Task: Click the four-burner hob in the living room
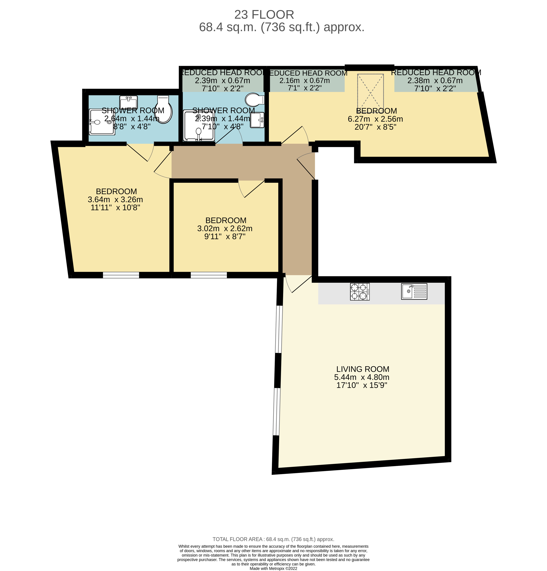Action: click(359, 291)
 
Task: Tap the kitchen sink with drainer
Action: click(414, 291)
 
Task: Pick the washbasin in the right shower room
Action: click(257, 120)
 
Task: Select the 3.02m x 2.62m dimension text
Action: click(224, 228)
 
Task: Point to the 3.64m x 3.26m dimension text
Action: click(115, 199)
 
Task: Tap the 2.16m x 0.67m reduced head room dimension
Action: click(304, 81)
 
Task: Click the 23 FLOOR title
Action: click(264, 15)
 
